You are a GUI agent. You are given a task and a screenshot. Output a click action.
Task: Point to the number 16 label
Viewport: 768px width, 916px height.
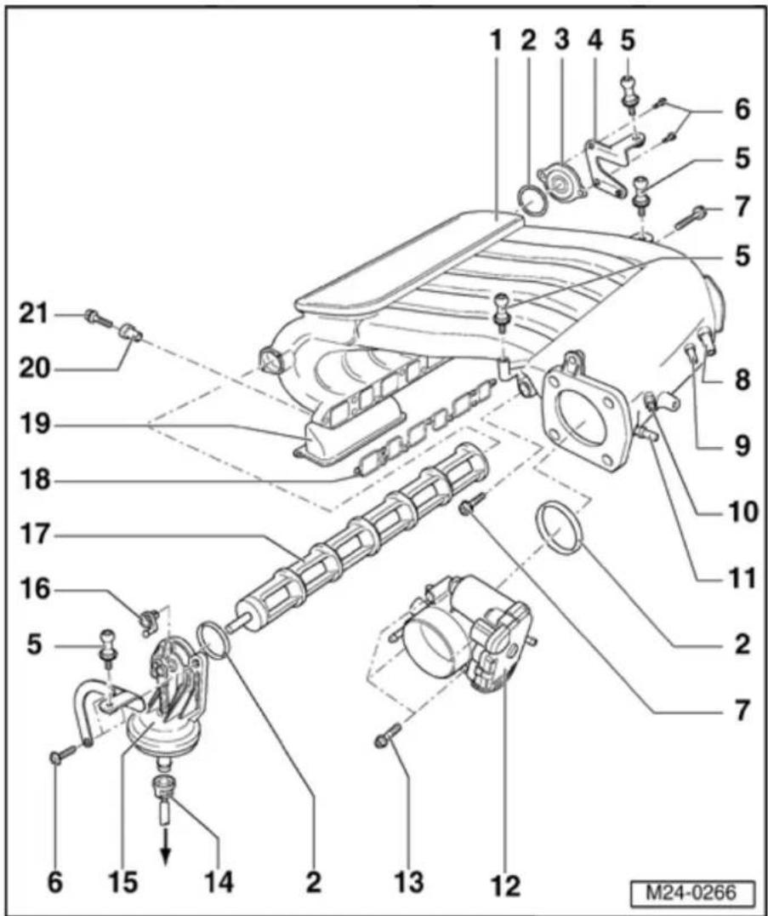[32, 591]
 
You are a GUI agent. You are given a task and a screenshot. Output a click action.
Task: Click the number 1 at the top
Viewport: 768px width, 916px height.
[496, 42]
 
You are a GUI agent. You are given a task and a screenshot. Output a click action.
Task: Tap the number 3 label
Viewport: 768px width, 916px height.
[561, 42]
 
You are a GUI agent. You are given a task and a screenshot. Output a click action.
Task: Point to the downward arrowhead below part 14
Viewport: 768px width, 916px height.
[165, 855]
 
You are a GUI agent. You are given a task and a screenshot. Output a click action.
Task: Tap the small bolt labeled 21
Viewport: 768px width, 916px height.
[99, 318]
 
